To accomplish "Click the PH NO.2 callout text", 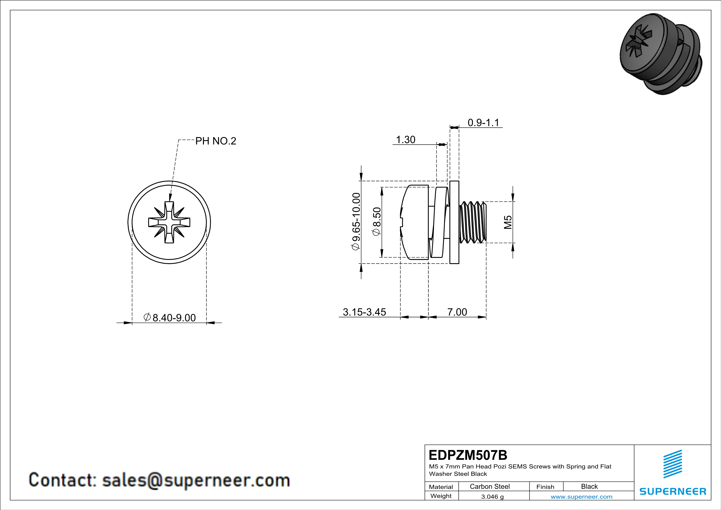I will coord(215,141).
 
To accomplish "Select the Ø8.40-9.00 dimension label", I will coord(170,318).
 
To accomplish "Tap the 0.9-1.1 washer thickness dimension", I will coord(483,123).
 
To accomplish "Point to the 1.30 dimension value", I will coord(405,139).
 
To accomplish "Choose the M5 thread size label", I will coord(508,222).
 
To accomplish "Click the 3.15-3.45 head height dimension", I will coord(364,312).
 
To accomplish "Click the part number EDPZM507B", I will coord(468,455).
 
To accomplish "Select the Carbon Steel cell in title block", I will coord(490,486).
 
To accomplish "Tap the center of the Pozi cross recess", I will coord(169,222).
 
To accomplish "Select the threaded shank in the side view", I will coord(473,222).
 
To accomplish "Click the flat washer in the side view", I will coord(454,222).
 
